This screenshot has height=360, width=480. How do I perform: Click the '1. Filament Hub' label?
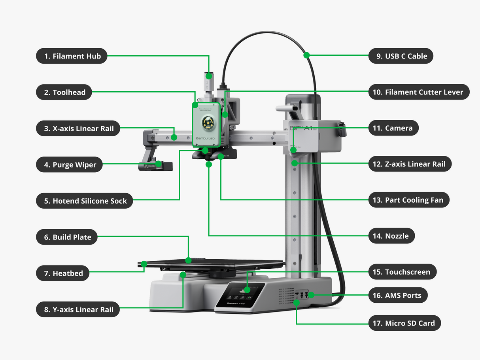click(72, 56)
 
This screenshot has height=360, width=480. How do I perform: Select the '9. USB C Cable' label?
click(401, 56)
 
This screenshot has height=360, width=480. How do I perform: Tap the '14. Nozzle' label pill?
click(391, 236)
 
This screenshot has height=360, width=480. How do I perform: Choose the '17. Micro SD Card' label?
click(404, 323)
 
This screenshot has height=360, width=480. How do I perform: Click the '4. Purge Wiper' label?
click(69, 165)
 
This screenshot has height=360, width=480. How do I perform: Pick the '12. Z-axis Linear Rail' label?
click(410, 164)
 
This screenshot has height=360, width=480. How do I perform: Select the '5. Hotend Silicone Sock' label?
click(84, 201)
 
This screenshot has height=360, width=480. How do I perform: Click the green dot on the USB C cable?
click(306, 56)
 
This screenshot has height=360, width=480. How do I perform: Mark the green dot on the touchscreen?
click(247, 290)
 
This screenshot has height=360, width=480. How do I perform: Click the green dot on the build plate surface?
click(189, 260)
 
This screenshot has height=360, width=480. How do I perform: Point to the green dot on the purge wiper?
click(158, 164)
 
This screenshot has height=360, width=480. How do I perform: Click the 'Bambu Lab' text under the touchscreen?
click(236, 303)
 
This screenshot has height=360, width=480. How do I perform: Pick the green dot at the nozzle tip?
click(209, 164)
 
